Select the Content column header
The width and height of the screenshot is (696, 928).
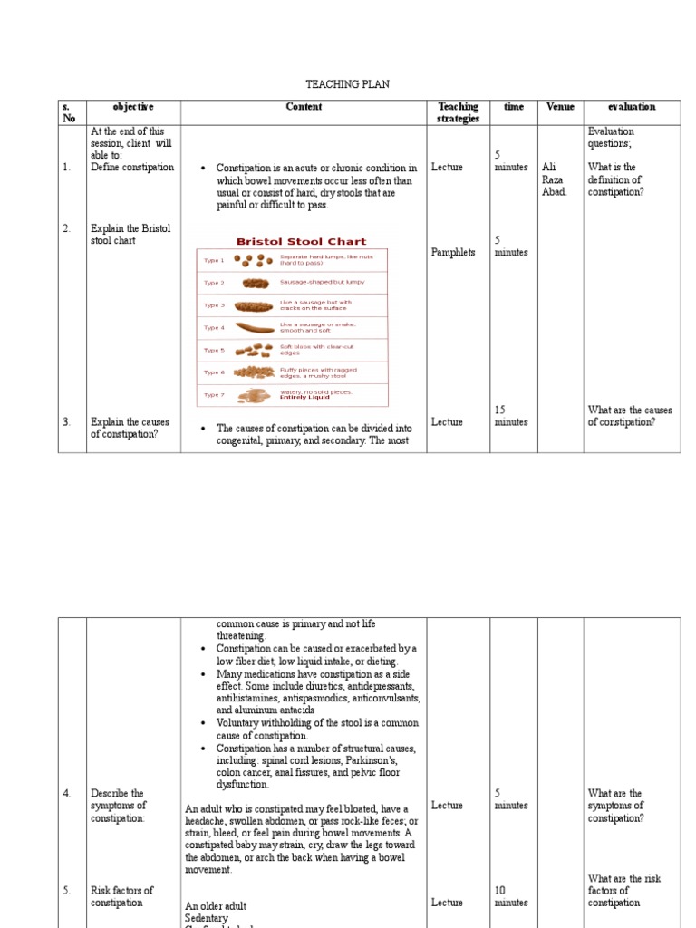click(x=304, y=107)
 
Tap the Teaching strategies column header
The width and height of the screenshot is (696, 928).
click(x=458, y=112)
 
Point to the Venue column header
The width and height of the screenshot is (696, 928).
click(x=560, y=107)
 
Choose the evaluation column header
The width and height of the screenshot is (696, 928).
click(x=632, y=107)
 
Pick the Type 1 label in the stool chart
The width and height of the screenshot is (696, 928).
click(x=214, y=260)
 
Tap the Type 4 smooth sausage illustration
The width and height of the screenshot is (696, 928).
click(x=254, y=328)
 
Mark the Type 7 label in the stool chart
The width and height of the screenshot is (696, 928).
click(x=214, y=395)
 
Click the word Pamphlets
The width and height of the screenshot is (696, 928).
click(x=452, y=253)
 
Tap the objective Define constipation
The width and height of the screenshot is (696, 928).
click(x=131, y=168)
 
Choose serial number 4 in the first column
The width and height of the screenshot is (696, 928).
click(x=67, y=794)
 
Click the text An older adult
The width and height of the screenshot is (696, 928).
click(x=216, y=906)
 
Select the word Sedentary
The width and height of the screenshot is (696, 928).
click(x=208, y=918)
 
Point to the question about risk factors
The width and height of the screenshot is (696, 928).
click(x=623, y=891)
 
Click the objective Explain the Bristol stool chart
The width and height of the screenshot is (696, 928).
click(x=130, y=235)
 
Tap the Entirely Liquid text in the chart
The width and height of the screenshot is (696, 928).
click(x=304, y=397)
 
